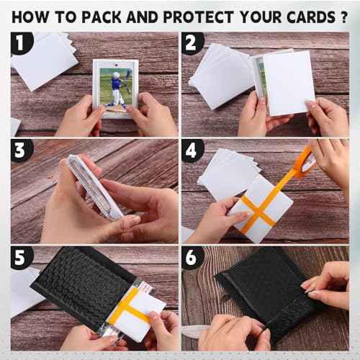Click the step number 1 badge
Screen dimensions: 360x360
pos(22,43)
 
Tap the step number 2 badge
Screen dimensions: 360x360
pos(192,43)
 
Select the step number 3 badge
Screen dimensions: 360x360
pos(22,151)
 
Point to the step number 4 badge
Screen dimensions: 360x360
pos(192,151)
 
